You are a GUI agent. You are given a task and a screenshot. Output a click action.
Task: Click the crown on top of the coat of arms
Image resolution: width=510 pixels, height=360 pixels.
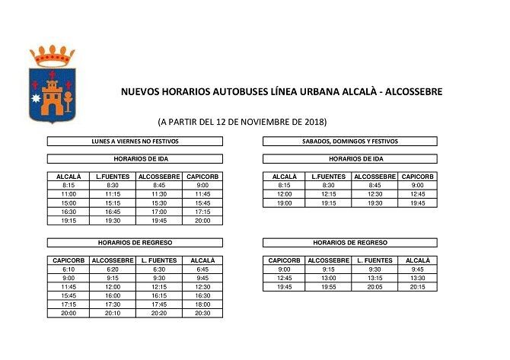pos(52,56)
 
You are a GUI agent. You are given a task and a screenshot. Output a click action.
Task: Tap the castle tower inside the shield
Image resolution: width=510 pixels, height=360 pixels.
pos(52,94)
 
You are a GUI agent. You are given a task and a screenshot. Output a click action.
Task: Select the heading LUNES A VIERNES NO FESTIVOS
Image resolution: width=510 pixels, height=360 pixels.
pos(135,142)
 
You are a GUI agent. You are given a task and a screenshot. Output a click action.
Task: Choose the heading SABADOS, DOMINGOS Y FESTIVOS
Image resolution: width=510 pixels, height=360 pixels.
pos(349,142)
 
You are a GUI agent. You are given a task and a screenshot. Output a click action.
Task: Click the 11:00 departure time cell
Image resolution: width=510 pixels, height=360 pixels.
pos(69,194)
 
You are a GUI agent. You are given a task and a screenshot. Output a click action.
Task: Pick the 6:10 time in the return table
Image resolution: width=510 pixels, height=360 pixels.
pos(69,269)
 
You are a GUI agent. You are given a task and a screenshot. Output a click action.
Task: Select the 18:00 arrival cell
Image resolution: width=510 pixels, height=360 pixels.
pos(201,304)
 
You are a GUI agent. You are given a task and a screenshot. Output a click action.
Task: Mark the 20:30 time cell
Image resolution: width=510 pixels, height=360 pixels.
pos(201,313)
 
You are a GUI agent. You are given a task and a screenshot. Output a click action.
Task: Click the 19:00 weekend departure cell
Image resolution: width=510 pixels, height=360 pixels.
pos(284,203)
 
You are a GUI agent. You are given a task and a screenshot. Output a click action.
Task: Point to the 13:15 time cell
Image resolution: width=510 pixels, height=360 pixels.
pos(373,278)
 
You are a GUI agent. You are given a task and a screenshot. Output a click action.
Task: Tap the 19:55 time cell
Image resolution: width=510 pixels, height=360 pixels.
pos(328,287)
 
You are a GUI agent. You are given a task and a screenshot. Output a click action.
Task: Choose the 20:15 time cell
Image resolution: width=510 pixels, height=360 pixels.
pos(417,287)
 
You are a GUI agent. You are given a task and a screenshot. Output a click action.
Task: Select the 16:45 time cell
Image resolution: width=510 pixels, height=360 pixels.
pos(113,212)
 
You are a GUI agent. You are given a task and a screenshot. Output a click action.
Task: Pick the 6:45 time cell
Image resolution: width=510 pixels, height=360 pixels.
pos(201,269)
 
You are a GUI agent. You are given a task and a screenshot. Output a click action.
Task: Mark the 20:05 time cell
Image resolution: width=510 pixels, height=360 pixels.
pos(373,287)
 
